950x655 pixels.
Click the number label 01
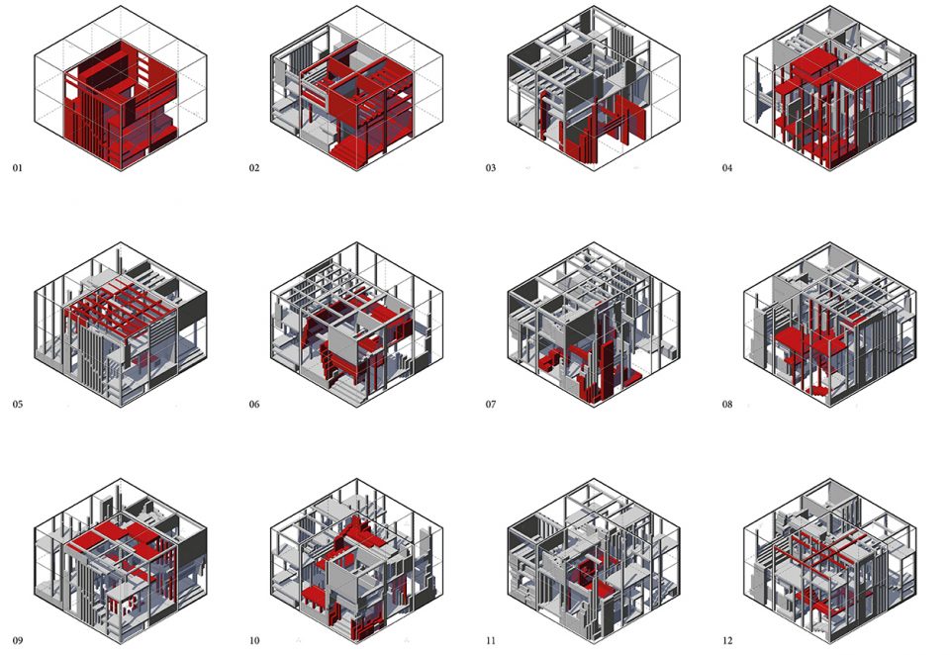pyautogui.click(x=17, y=168)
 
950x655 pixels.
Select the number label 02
pyautogui.click(x=254, y=168)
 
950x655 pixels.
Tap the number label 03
pyautogui.click(x=490, y=168)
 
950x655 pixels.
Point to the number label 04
pyautogui.click(x=727, y=168)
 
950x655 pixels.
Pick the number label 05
pyautogui.click(x=18, y=404)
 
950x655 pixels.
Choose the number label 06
pyautogui.click(x=254, y=404)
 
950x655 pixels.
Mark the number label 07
pyautogui.click(x=490, y=404)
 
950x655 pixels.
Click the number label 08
pyautogui.click(x=727, y=404)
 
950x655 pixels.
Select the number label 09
pyautogui.click(x=18, y=640)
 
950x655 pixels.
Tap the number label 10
pyautogui.click(x=254, y=640)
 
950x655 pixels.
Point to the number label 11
pyautogui.click(x=490, y=640)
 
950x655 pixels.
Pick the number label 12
pyautogui.click(x=727, y=640)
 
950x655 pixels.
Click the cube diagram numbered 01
pyautogui.click(x=121, y=88)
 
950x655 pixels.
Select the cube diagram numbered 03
pyautogui.click(x=594, y=88)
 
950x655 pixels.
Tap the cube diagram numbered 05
pyautogui.click(x=121, y=325)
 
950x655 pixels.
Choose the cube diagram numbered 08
pyautogui.click(x=830, y=325)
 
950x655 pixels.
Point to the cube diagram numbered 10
pyautogui.click(x=357, y=561)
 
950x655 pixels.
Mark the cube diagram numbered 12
pyautogui.click(x=830, y=561)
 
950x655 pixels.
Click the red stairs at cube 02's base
pyautogui.click(x=351, y=150)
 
